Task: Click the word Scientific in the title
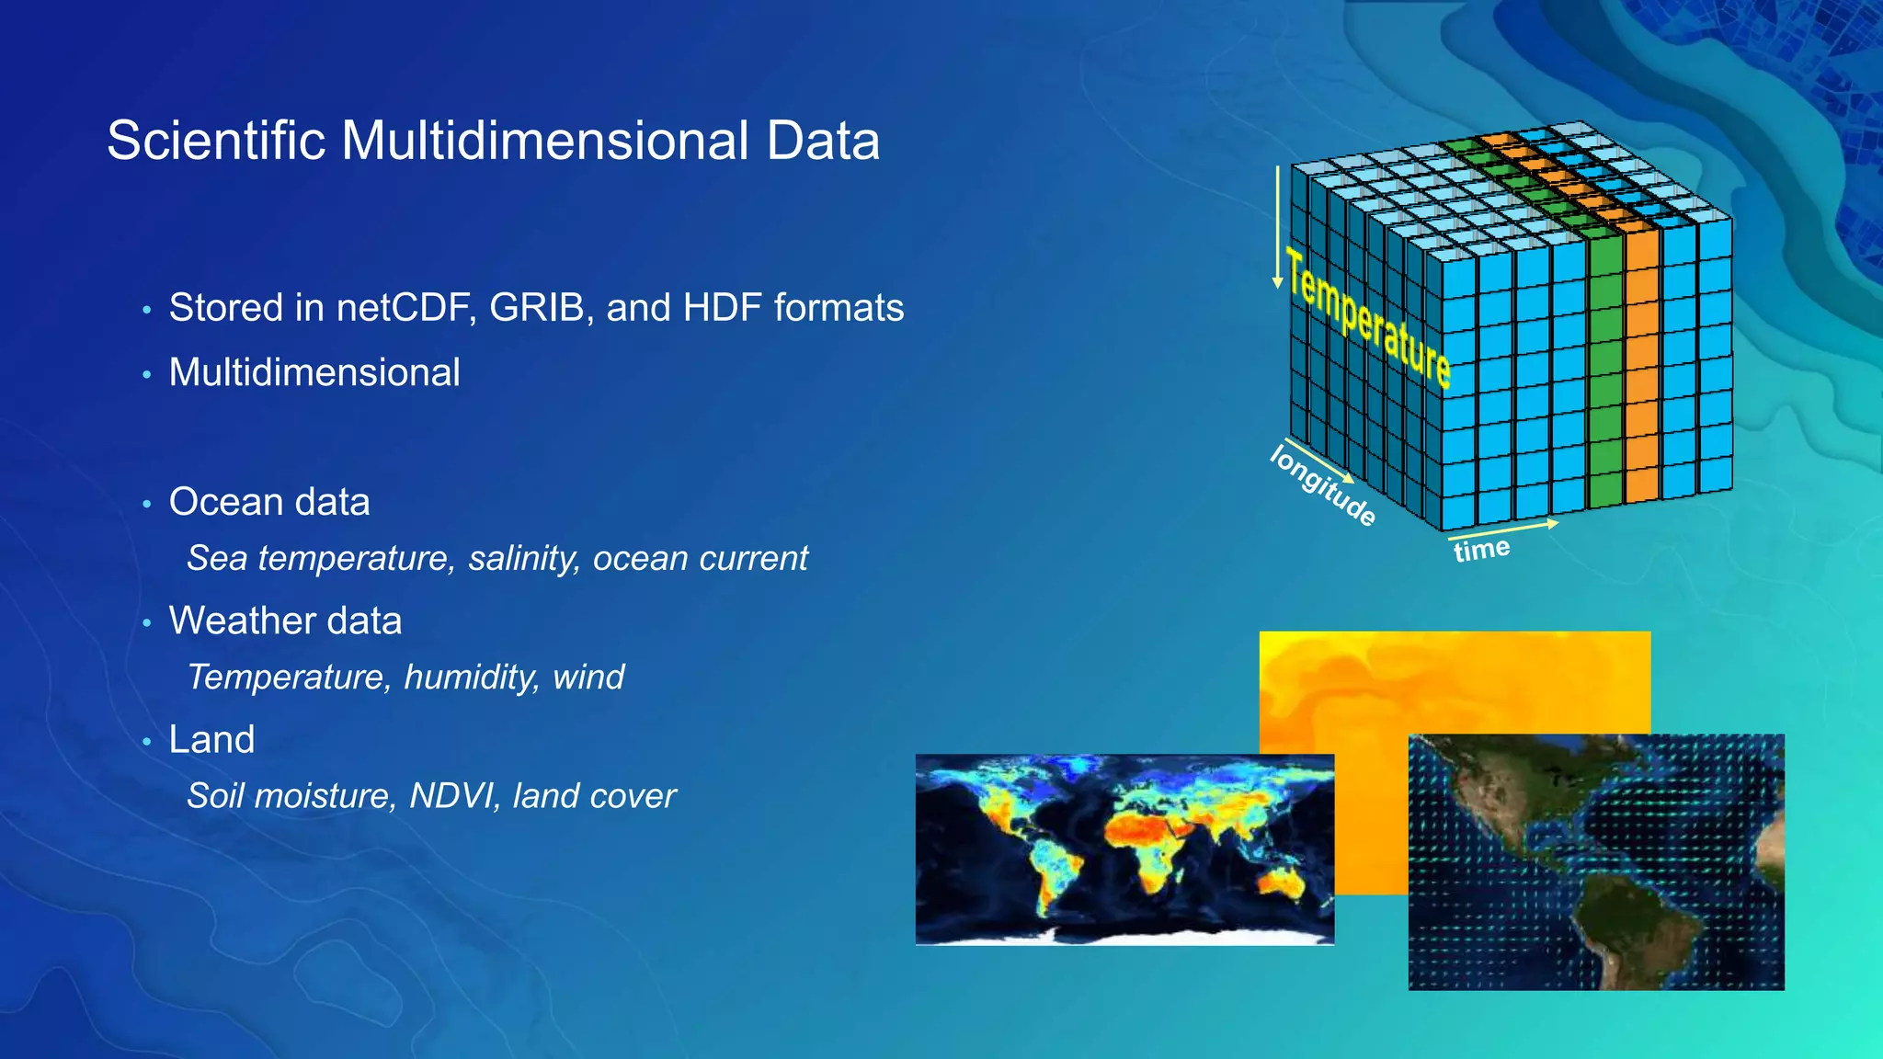pyautogui.click(x=216, y=141)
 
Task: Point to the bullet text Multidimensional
pyautogui.click(x=314, y=373)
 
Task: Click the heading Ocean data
pyautogui.click(x=269, y=502)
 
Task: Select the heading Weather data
pyautogui.click(x=285, y=621)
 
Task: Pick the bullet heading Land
pyautogui.click(x=211, y=740)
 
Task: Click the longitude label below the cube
pyautogui.click(x=1324, y=485)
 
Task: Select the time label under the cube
pyautogui.click(x=1481, y=550)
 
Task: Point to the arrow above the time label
pyautogui.click(x=1503, y=529)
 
